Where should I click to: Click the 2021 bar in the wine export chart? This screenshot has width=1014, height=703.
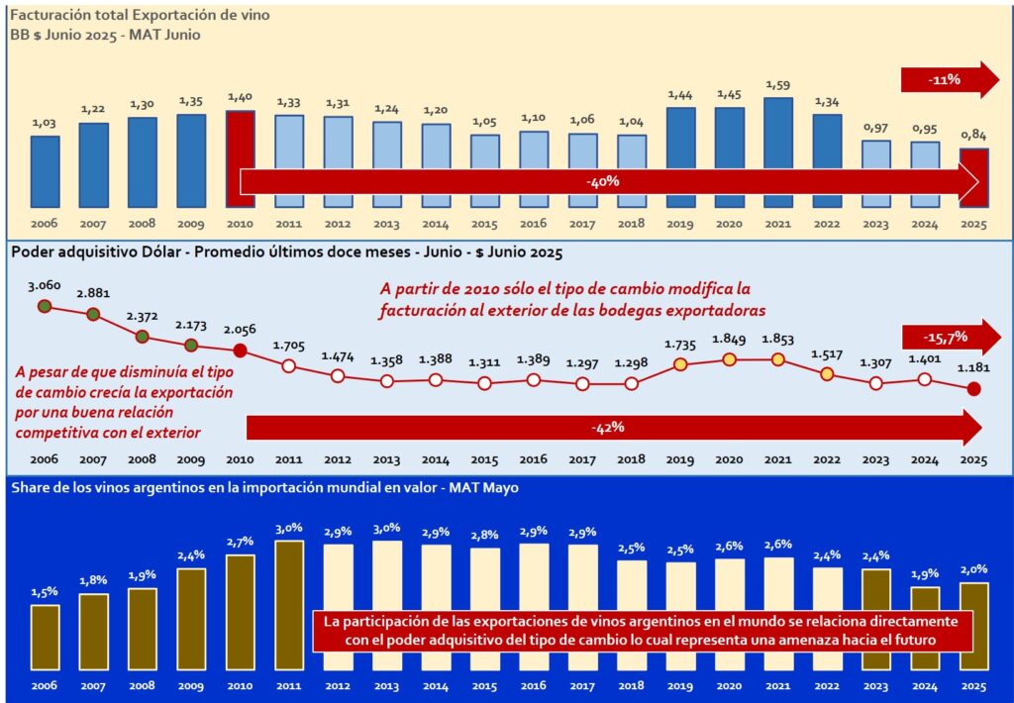(778, 149)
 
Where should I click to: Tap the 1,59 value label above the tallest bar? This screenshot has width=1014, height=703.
(778, 83)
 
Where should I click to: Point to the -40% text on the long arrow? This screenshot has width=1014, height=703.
(602, 182)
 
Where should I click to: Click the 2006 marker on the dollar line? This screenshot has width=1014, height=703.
(45, 306)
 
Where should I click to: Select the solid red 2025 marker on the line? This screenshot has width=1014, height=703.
(973, 388)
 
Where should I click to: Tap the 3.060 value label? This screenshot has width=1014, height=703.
(45, 286)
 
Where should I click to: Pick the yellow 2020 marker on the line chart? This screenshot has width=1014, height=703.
(729, 359)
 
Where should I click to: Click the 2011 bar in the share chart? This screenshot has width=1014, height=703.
(289, 604)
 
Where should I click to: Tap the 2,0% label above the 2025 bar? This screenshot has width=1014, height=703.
(973, 569)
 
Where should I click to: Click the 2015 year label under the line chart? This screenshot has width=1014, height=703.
(484, 459)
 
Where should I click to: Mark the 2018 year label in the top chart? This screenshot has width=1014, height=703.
(631, 224)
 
